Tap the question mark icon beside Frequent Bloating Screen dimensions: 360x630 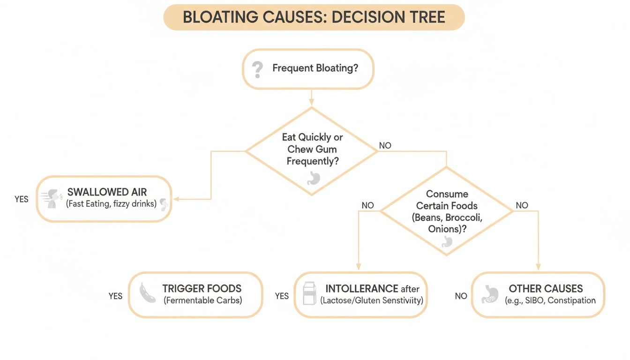pos(257,69)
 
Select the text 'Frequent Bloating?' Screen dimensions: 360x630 pos(315,68)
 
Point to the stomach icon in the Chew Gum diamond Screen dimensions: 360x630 pos(313,178)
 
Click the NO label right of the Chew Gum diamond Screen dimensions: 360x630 pos(385,146)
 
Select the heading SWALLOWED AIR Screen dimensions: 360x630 pos(107,192)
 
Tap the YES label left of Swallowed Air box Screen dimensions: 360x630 pos(22,199)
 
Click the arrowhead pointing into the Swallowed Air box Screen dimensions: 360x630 pos(177,199)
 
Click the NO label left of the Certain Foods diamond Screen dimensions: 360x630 pos(368,205)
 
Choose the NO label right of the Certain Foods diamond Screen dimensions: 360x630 pos(522,205)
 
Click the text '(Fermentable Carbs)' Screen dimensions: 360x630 pos(202,300)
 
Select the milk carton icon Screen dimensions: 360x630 pos(309,293)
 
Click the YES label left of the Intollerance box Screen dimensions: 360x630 pos(282,296)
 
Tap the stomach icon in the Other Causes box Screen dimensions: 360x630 pos(490,294)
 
